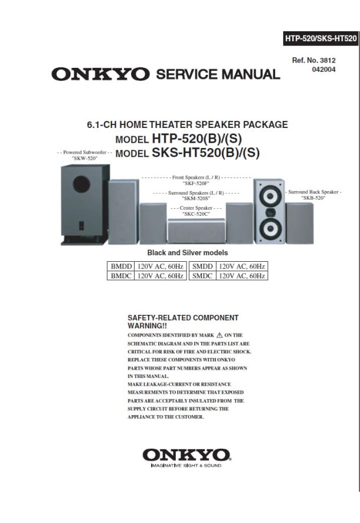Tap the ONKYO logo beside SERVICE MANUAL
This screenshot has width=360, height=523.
point(100,74)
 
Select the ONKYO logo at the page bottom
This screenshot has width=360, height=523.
point(186,455)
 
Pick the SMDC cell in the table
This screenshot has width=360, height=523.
point(202,275)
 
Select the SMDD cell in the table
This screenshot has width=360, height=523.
point(202,267)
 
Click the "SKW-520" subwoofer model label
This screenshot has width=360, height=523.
point(84,159)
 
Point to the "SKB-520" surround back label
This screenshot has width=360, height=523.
point(313,198)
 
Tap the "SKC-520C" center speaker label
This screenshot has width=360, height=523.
point(195,213)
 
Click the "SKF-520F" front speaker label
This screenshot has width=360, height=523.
point(197,183)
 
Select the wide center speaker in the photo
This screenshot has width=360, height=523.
point(195,230)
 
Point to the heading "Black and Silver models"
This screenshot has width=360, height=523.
point(187,253)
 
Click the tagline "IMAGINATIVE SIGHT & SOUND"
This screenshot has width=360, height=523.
point(186,466)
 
